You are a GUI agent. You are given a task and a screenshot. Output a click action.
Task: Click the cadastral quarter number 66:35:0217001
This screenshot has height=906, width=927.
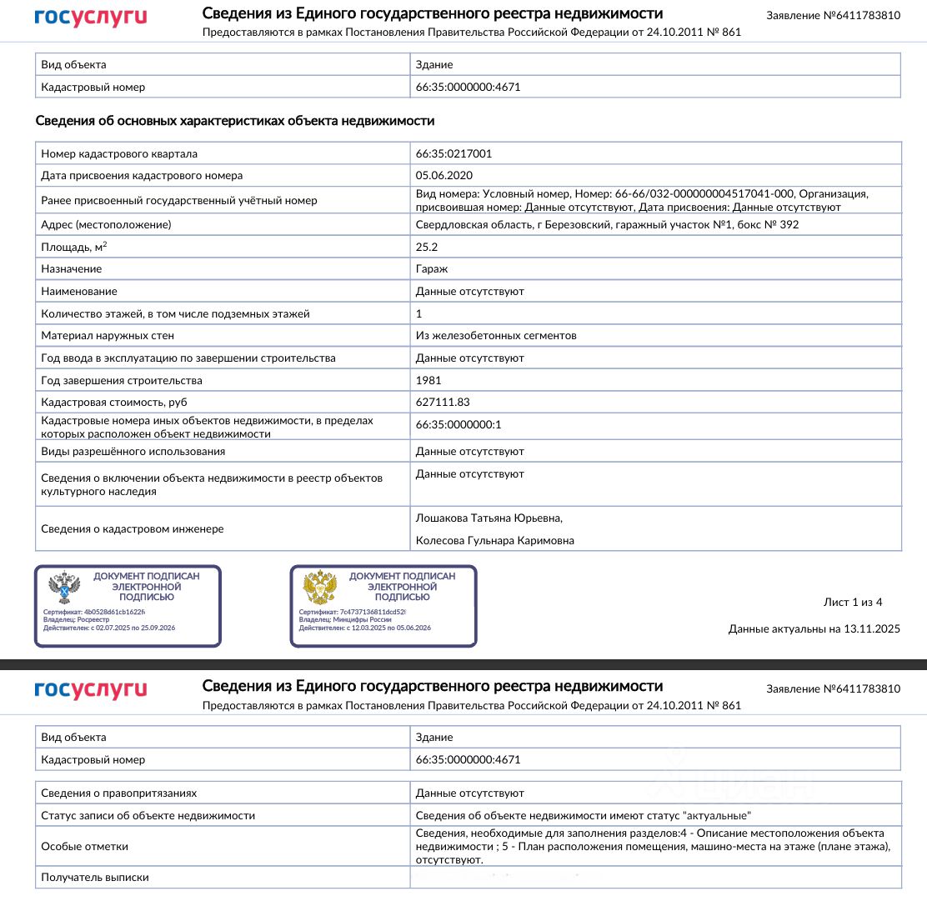click(x=453, y=153)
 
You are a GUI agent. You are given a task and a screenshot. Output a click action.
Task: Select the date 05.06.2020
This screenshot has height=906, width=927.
click(x=444, y=176)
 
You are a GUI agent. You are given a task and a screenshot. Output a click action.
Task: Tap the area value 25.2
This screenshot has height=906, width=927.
click(x=427, y=247)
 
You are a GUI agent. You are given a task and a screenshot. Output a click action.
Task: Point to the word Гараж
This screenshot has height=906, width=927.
click(x=431, y=269)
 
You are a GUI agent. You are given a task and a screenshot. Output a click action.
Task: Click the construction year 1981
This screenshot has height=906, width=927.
click(x=428, y=380)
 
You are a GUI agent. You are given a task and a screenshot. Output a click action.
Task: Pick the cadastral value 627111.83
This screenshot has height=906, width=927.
click(x=443, y=403)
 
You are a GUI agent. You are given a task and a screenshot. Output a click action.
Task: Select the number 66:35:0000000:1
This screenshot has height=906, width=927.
click(x=458, y=424)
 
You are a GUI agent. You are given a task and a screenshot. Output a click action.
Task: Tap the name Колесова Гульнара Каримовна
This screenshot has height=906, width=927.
click(x=495, y=541)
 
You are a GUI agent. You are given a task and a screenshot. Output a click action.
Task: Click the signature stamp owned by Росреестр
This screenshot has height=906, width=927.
click(x=128, y=606)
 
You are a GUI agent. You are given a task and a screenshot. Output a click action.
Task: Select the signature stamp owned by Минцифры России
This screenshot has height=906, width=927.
click(x=383, y=606)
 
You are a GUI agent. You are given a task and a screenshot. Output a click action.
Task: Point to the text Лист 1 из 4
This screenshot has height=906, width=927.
click(x=852, y=603)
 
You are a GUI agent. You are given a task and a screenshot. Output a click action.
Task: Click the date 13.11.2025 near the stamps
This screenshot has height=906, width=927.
click(x=871, y=629)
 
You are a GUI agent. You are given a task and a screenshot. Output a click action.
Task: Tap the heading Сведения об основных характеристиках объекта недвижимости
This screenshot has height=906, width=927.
click(x=235, y=121)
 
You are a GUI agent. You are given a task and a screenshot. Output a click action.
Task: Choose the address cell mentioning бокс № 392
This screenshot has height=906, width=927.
click(x=607, y=225)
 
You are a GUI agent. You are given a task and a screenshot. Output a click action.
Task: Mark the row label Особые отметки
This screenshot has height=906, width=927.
click(x=85, y=846)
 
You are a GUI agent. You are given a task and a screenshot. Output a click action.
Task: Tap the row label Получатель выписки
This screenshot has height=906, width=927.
click(x=95, y=877)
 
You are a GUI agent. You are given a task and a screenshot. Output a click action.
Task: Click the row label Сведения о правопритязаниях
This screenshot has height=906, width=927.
click(x=119, y=793)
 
